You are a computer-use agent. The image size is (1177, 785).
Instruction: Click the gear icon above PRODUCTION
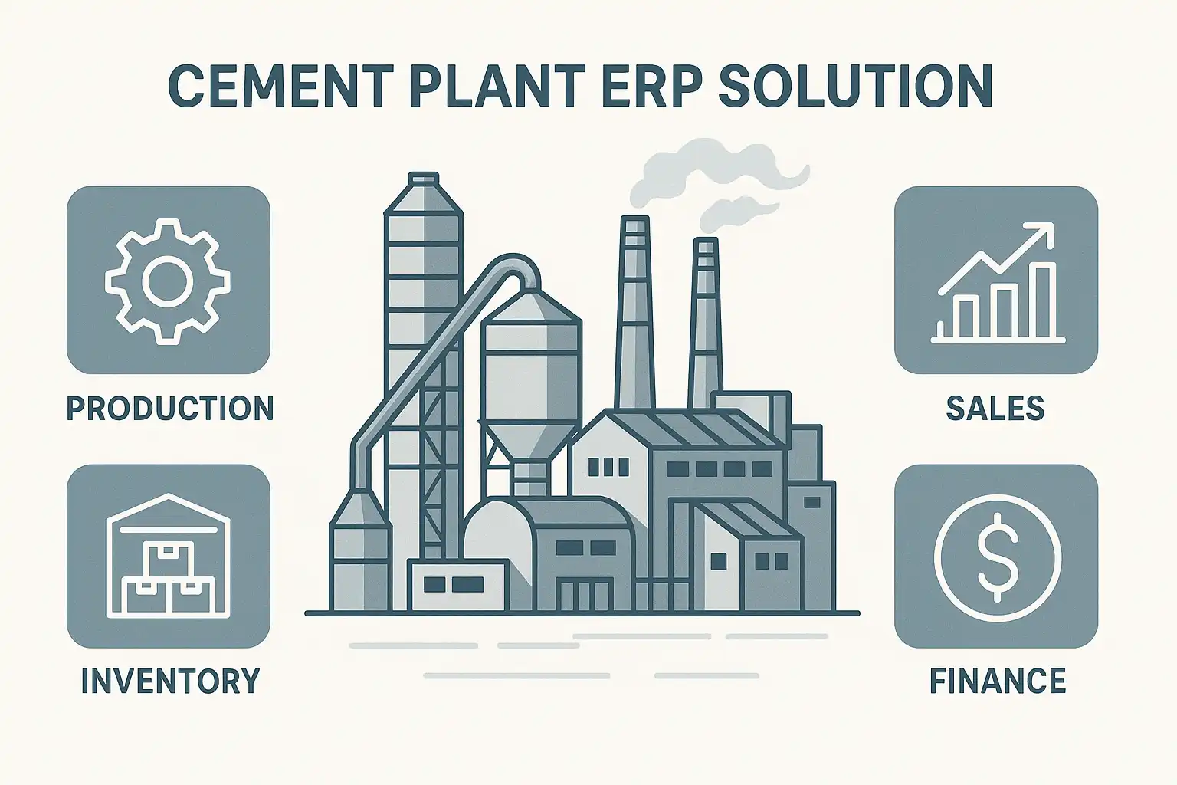[168, 281]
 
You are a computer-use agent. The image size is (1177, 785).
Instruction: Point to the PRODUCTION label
[170, 409]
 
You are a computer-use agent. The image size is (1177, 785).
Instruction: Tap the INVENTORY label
[170, 682]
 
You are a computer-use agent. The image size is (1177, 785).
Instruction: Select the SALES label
[995, 409]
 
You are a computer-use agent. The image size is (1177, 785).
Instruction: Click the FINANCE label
[997, 682]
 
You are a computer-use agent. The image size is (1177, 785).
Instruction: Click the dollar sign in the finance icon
[996, 557]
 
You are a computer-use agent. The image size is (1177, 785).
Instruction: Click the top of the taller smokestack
[634, 223]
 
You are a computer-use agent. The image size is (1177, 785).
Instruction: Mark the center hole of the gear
[168, 281]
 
